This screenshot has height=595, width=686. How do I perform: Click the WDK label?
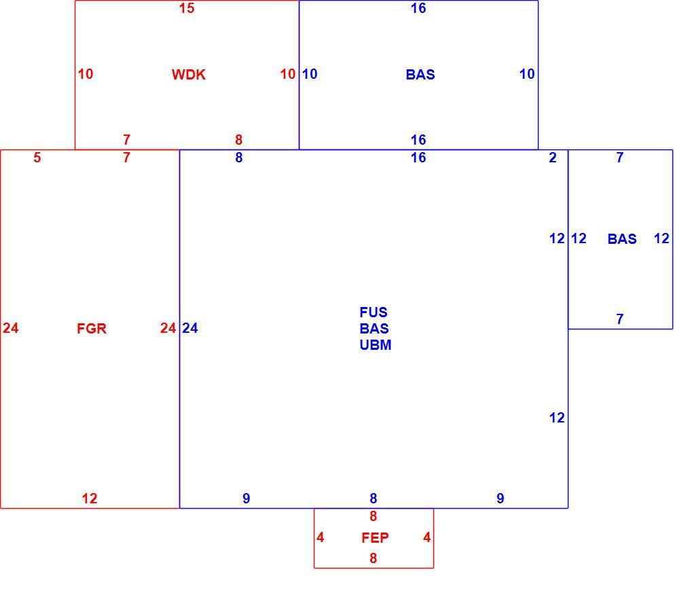pos(189,75)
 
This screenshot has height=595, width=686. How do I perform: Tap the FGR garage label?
pos(92,328)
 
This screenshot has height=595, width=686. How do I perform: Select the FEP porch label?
pos(375,537)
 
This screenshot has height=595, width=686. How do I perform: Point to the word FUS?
pos(373,312)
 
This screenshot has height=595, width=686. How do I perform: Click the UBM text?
pos(376,345)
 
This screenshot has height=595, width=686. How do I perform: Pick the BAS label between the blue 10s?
pos(420,75)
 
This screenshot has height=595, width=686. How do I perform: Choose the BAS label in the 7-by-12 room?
pos(621,238)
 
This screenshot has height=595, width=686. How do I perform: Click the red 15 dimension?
pos(186,8)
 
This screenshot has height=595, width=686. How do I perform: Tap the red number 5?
pos(37,157)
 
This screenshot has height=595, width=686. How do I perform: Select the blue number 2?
pos(553,157)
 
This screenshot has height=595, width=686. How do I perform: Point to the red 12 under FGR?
pos(89,498)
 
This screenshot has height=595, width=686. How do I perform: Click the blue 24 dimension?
pos(190,327)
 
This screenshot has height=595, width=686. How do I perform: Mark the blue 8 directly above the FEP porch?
pos(373,498)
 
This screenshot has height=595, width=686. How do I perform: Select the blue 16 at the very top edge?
pos(418,8)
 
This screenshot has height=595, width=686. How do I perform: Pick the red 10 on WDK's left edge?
pos(86,74)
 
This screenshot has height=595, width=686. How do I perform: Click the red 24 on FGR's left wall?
pos(10,327)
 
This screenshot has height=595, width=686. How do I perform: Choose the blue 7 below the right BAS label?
pos(619,319)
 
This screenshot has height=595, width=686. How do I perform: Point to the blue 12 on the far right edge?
pos(662,238)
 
